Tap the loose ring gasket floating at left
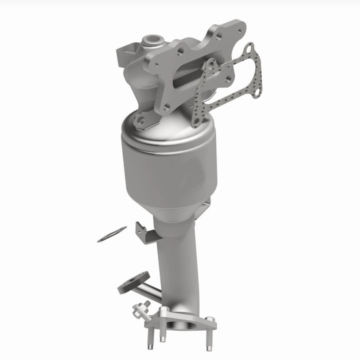pos(111,234)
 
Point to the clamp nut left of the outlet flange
pos(141,308)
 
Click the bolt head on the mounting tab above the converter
pos(141,120)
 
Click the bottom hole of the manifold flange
pos(167,106)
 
